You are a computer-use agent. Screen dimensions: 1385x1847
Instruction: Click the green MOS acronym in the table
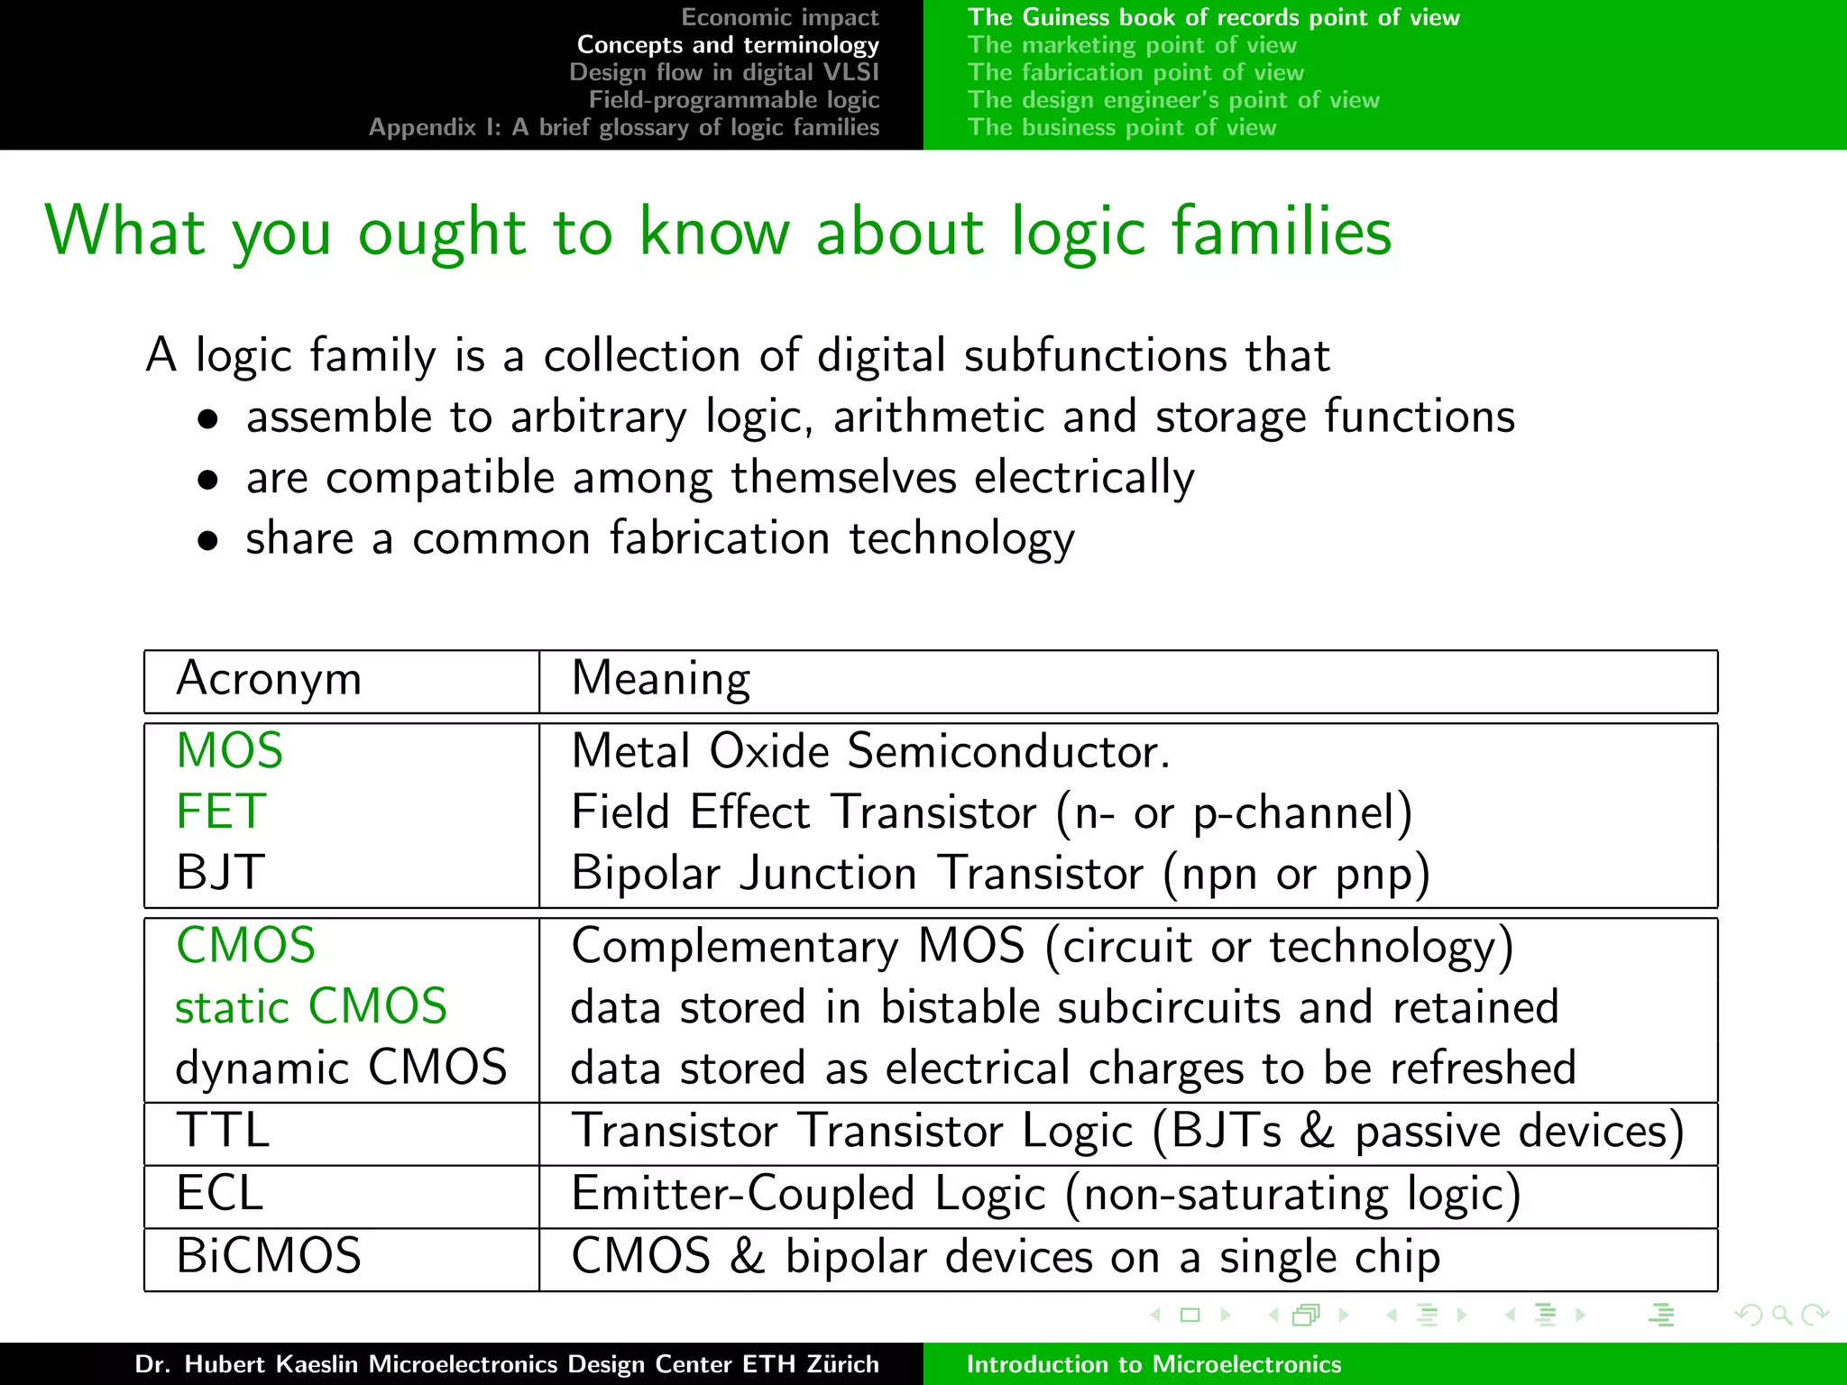pyautogui.click(x=229, y=751)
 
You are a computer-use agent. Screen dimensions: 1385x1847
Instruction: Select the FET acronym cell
pyautogui.click(x=221, y=812)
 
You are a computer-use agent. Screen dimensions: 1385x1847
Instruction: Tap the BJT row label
pyautogui.click(x=220, y=873)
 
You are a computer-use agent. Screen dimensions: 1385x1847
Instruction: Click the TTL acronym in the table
pyautogui.click(x=222, y=1131)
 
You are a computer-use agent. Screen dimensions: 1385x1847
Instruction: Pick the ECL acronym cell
pyautogui.click(x=219, y=1194)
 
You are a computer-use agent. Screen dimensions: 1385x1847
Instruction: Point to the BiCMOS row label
pyautogui.click(x=269, y=1256)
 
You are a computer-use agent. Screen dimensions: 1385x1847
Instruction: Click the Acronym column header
pyautogui.click(x=269, y=679)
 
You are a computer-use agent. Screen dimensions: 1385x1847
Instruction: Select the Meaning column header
pyautogui.click(x=660, y=679)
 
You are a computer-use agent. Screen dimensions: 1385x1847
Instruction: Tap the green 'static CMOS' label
pyautogui.click(x=310, y=1007)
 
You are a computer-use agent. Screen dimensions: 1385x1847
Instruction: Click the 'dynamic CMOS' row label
pyautogui.click(x=340, y=1069)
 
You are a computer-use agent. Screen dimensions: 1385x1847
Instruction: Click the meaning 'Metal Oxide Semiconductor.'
pyautogui.click(x=870, y=751)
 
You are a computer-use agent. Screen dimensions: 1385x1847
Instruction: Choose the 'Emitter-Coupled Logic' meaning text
pyautogui.click(x=808, y=1194)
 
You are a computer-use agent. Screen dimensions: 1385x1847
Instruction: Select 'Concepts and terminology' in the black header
pyautogui.click(x=727, y=45)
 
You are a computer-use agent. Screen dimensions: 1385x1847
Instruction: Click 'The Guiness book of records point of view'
pyautogui.click(x=1213, y=17)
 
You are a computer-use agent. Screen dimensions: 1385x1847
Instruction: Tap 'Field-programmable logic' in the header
pyautogui.click(x=733, y=100)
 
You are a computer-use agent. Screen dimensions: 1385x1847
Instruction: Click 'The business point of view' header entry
pyautogui.click(x=1121, y=127)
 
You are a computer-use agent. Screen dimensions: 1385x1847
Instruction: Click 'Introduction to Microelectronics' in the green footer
pyautogui.click(x=1153, y=1364)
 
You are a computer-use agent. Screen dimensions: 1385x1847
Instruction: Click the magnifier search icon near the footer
pyautogui.click(x=1781, y=1316)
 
